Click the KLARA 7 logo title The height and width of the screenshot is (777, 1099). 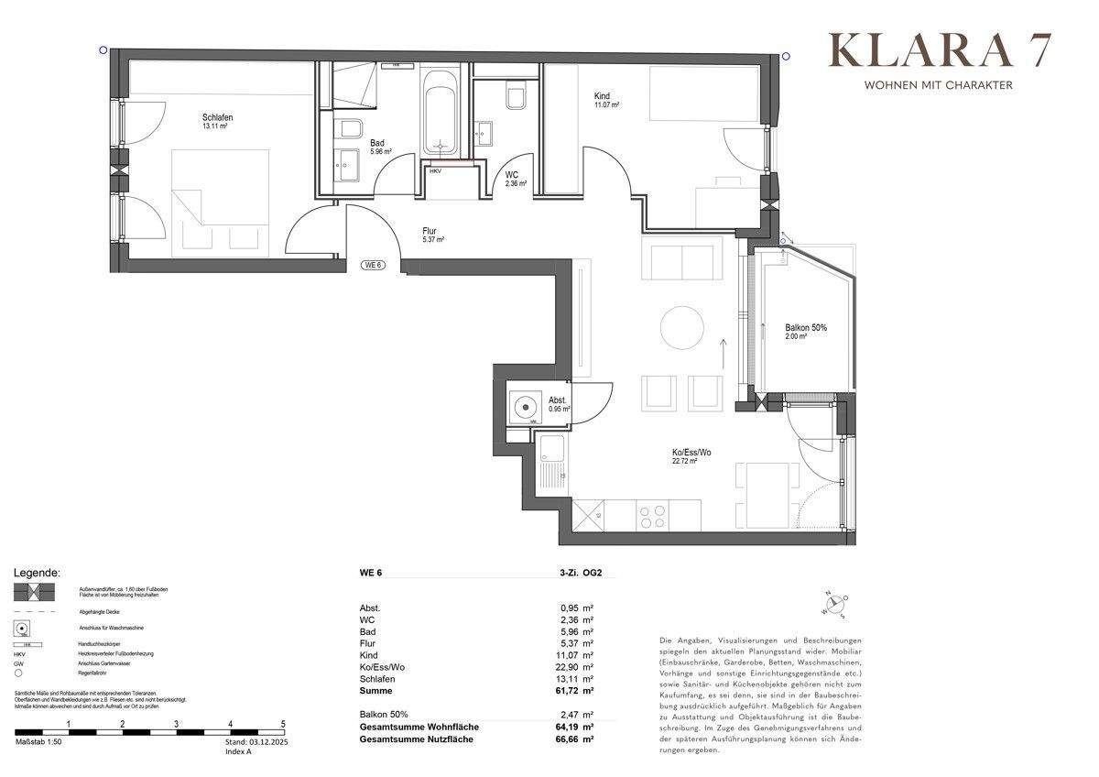tap(940, 51)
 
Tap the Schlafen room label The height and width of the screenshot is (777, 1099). tap(217, 117)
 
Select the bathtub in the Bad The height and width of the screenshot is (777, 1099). tap(442, 115)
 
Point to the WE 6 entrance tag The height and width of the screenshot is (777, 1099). tap(373, 265)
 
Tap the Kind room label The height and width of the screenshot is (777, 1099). tap(602, 96)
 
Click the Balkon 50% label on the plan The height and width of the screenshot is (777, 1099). tap(806, 328)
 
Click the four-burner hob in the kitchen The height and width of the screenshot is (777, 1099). tap(652, 517)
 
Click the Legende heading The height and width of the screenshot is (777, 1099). tap(37, 573)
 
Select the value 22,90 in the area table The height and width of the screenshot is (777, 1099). tap(572, 667)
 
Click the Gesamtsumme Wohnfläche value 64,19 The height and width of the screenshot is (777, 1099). tap(572, 728)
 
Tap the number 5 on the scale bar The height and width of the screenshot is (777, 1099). tap(283, 724)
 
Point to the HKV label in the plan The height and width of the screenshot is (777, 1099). tap(435, 170)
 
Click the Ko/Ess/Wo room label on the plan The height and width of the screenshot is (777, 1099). tap(684, 453)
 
